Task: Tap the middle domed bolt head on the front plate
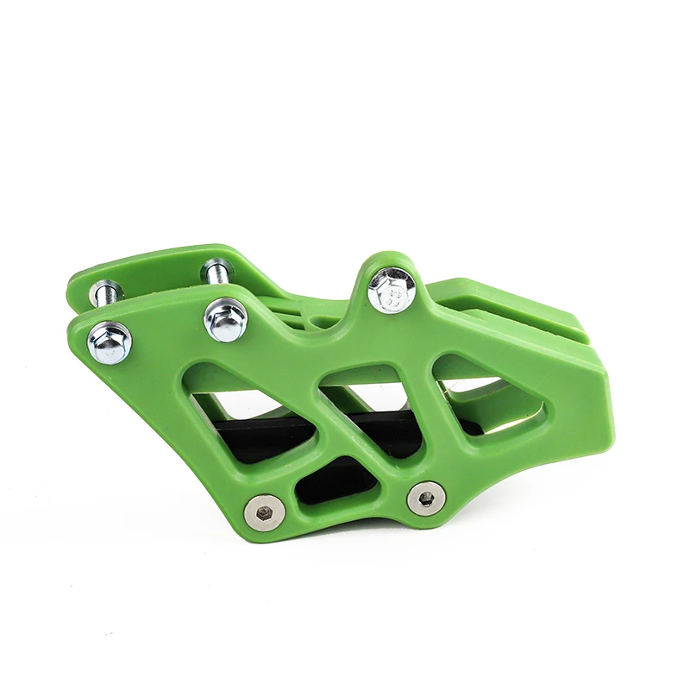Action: pyautogui.click(x=225, y=319)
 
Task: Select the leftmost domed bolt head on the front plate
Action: pyautogui.click(x=110, y=342)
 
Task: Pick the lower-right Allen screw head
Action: pyautogui.click(x=426, y=498)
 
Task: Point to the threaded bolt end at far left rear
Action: pyautogui.click(x=105, y=292)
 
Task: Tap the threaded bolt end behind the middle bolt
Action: pyautogui.click(x=217, y=272)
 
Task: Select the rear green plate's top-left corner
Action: pyautogui.click(x=73, y=280)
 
